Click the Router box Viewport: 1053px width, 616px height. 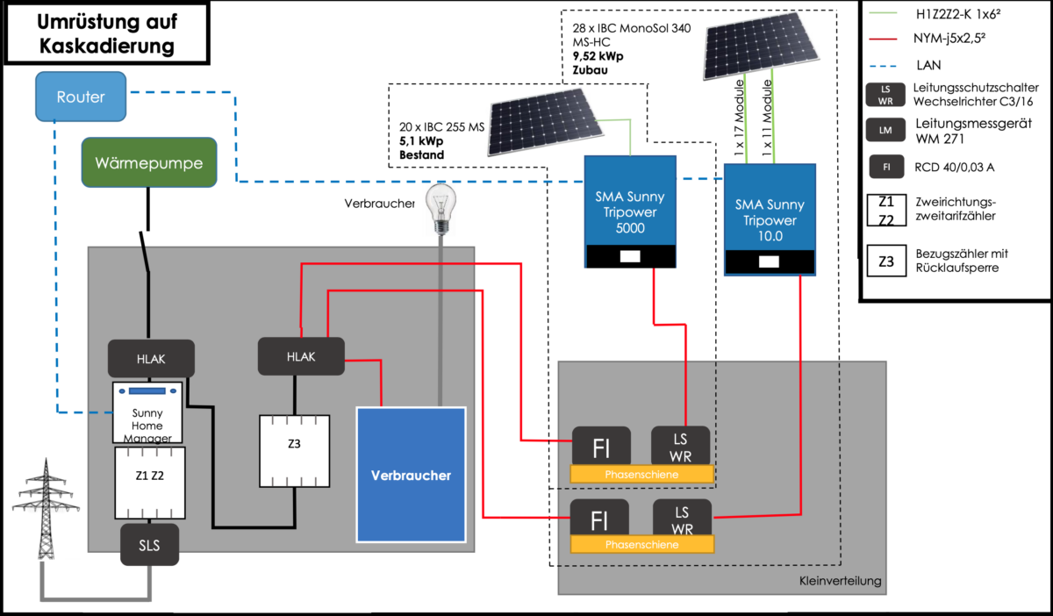click(x=82, y=97)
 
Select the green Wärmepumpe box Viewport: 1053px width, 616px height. click(x=149, y=162)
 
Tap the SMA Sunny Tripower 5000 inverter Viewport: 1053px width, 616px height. click(x=631, y=211)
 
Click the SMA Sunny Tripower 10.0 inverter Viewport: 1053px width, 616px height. click(x=769, y=219)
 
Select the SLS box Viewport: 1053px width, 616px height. click(x=149, y=546)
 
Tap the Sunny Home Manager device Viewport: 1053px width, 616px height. click(x=147, y=413)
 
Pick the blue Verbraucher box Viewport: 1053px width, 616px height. click(x=410, y=475)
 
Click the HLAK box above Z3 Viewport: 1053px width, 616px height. click(x=300, y=356)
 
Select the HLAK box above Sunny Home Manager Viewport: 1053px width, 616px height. click(x=150, y=357)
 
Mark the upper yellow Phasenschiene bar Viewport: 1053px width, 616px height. click(x=641, y=474)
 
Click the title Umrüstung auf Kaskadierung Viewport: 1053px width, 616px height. click(x=106, y=33)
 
